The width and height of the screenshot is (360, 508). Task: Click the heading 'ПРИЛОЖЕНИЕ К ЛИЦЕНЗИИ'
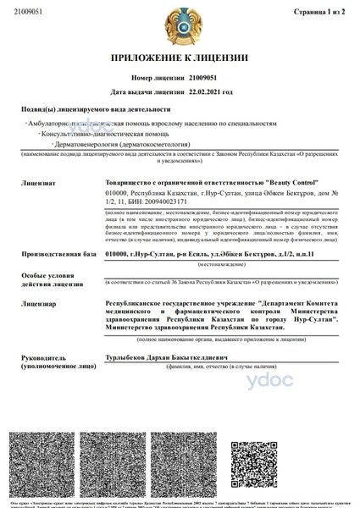[x=180, y=59]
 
